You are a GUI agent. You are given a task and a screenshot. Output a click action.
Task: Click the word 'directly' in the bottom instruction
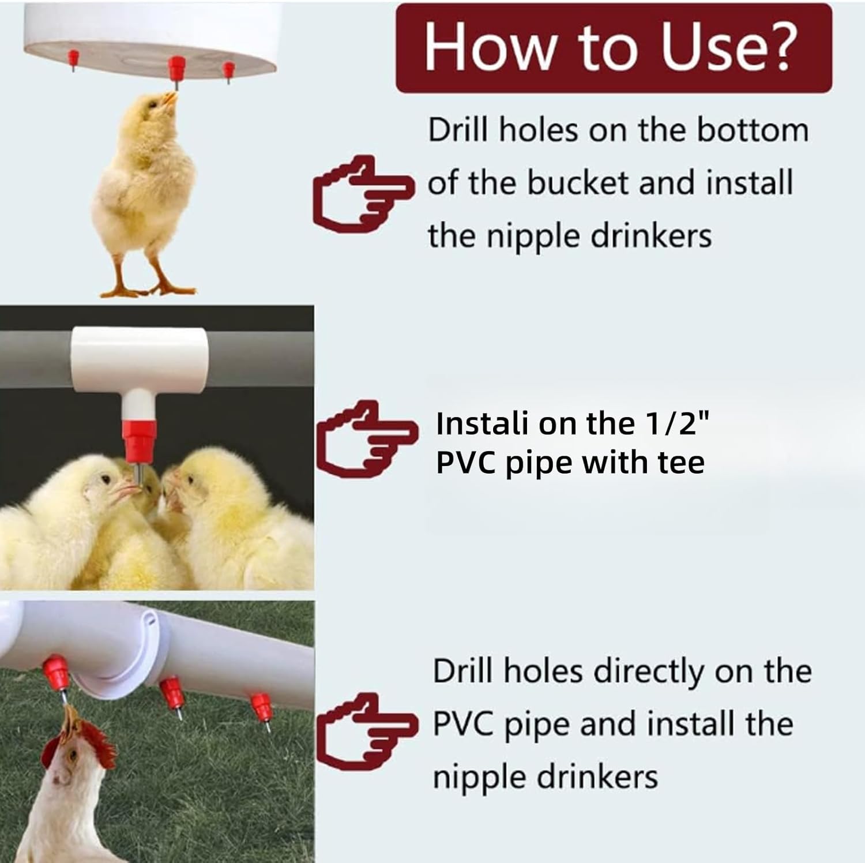point(649,671)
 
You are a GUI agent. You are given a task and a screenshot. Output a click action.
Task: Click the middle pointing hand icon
point(367,437)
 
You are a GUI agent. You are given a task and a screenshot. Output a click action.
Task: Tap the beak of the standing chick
point(170,99)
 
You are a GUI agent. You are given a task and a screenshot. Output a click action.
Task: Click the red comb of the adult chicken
point(92,741)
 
